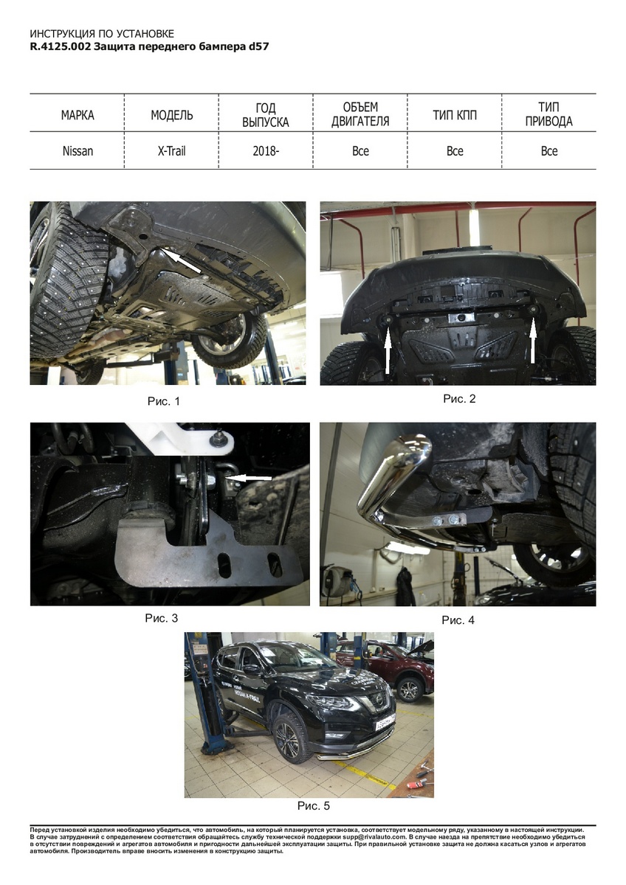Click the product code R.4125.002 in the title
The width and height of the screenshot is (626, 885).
coord(61,46)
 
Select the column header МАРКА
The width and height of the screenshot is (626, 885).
coord(78,115)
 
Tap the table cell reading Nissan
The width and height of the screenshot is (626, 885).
coord(78,151)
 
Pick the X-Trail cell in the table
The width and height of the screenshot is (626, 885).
coord(171,151)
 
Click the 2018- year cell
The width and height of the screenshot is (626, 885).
coord(266,151)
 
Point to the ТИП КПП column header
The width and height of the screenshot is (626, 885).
coord(455,115)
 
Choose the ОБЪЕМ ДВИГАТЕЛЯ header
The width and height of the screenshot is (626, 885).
coord(360,114)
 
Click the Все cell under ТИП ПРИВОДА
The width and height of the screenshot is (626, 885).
coord(549,151)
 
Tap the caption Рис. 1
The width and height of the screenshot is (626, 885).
coord(164,401)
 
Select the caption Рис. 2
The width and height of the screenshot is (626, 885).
coord(459,399)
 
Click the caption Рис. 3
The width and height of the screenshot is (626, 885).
coord(162,618)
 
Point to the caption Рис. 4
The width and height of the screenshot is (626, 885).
coord(458,620)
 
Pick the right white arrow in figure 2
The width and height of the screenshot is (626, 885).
coord(532,341)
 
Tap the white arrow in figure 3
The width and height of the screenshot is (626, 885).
coord(249,479)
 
